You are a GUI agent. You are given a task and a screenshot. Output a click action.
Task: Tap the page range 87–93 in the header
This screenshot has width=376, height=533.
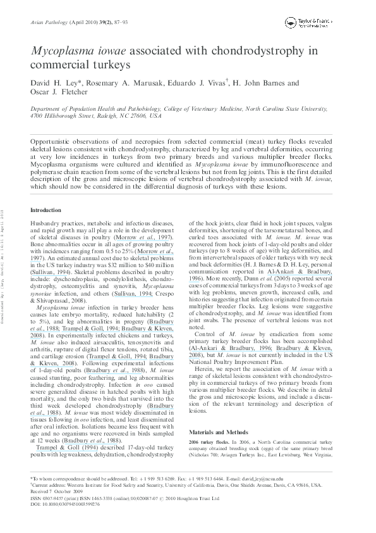[x=109, y=22]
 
